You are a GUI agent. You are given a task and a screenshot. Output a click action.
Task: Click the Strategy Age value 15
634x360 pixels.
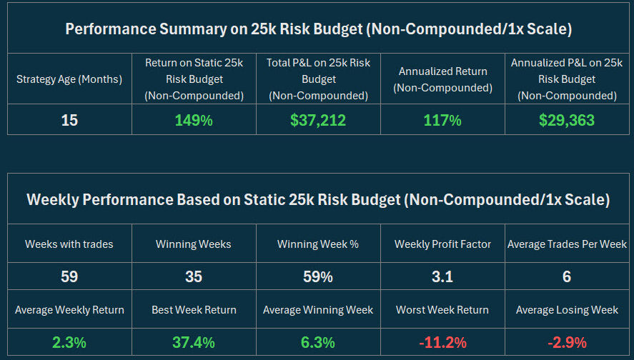(69, 120)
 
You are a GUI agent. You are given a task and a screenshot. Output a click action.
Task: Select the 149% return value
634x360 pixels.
(194, 120)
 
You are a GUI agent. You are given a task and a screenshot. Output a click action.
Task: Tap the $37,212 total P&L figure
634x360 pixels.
(318, 120)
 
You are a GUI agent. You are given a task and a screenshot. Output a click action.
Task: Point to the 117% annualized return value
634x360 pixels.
(442, 120)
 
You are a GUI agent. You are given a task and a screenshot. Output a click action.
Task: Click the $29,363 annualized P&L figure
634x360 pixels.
(567, 120)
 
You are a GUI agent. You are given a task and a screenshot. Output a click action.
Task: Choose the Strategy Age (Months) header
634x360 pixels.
(69, 79)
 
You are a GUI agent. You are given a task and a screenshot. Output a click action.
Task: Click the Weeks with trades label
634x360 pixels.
(69, 244)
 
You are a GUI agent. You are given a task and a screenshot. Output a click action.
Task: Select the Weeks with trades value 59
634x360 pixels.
(69, 276)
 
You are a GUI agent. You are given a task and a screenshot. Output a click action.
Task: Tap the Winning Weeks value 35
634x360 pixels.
(194, 276)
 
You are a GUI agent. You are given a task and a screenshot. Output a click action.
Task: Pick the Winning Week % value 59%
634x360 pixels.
(318, 276)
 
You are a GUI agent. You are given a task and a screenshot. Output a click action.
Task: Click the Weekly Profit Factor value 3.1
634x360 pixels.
(442, 276)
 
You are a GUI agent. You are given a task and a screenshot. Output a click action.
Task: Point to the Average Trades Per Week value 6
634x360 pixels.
(567, 276)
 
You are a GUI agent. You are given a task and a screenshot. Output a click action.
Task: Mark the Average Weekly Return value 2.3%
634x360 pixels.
(69, 342)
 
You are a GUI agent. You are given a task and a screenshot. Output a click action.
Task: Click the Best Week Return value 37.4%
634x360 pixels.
(194, 342)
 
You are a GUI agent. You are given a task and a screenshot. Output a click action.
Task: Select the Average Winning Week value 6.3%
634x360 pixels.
(318, 342)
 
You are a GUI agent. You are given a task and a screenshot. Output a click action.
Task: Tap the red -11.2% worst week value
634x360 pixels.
(442, 342)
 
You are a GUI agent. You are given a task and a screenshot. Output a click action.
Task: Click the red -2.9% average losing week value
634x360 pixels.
(567, 342)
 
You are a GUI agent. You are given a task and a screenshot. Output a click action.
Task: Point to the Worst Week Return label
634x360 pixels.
(442, 310)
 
